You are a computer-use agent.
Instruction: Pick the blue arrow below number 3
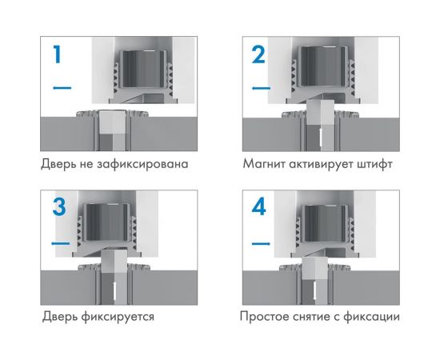pos(58,242)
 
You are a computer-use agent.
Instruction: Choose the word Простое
pos(266,316)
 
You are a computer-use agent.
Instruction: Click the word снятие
pos(320,316)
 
